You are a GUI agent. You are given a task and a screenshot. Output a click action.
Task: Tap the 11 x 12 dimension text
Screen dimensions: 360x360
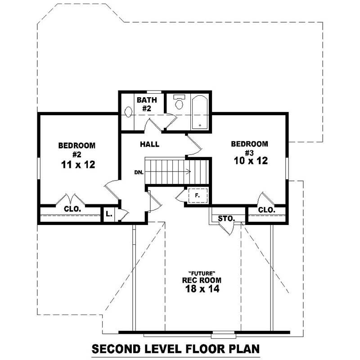(77, 165)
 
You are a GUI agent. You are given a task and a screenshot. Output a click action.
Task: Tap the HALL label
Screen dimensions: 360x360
(149, 144)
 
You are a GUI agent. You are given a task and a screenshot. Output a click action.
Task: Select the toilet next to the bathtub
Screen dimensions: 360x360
(179, 103)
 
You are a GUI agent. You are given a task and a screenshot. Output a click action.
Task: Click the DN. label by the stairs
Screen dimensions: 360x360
(139, 172)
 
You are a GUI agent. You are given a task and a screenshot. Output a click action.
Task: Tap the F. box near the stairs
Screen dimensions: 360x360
(197, 196)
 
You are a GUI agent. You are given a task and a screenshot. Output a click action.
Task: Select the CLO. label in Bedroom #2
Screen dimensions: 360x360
(72, 209)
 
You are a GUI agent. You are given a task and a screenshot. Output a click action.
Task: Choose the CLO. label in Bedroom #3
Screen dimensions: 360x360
(267, 210)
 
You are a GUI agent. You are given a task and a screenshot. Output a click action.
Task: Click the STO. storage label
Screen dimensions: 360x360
(226, 218)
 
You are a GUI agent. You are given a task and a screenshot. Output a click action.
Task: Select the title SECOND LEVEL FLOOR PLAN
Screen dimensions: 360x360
(176, 349)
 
